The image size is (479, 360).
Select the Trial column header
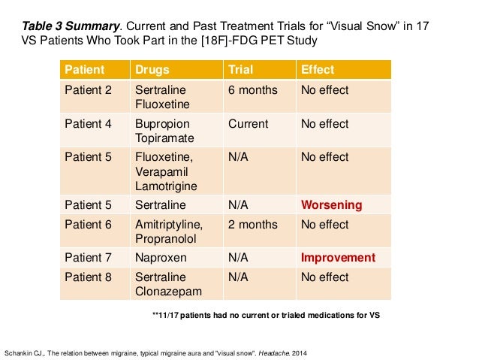click(x=239, y=71)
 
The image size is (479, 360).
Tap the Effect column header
click(x=318, y=71)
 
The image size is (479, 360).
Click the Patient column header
click(x=86, y=71)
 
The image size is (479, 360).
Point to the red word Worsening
click(x=331, y=205)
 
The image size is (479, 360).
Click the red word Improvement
click(x=338, y=258)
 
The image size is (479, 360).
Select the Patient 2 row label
click(x=88, y=90)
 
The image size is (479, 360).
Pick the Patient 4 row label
click(x=88, y=124)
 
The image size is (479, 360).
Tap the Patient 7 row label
click(x=88, y=258)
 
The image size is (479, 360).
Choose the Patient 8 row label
click(x=88, y=277)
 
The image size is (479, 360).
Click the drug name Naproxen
click(x=160, y=258)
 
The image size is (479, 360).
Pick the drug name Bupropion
click(x=163, y=124)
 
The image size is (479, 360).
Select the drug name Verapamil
click(x=162, y=172)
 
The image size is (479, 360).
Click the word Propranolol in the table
click(x=166, y=239)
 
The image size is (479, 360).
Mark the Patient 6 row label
click(x=88, y=224)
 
